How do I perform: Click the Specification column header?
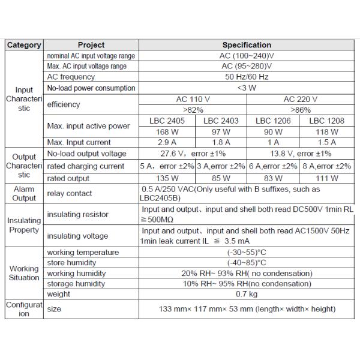(x=247, y=45)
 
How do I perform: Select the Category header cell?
(x=24, y=45)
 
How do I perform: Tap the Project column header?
(x=91, y=45)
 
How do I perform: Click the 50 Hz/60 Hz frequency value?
(x=247, y=77)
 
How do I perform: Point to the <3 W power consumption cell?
(x=247, y=88)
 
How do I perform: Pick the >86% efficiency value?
(x=300, y=110)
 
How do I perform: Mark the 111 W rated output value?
(x=327, y=178)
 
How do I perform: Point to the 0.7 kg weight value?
(x=247, y=294)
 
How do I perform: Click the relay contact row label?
(x=70, y=193)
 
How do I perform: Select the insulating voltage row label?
(x=77, y=236)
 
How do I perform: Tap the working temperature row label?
(x=83, y=253)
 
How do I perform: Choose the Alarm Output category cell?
(x=24, y=193)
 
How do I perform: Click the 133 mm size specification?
(x=247, y=310)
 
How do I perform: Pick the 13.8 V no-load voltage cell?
(x=300, y=154)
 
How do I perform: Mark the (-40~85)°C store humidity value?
(x=247, y=263)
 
